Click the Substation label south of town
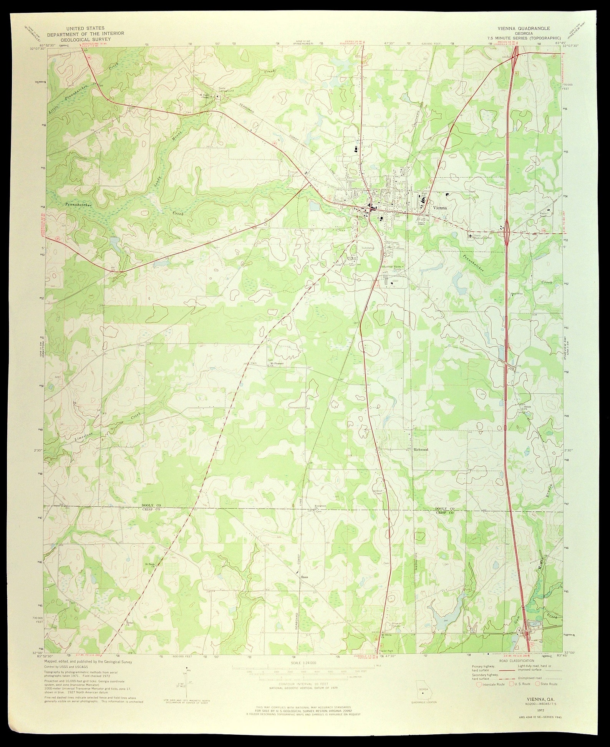pyautogui.click(x=368, y=248)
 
